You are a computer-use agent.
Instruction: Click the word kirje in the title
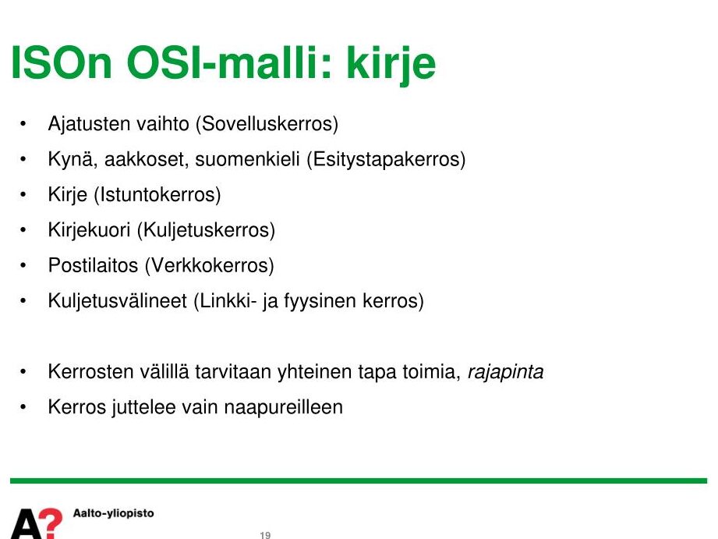tap(391, 63)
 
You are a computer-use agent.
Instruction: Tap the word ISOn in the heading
tap(62, 62)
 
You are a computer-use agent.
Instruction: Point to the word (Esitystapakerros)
tap(386, 159)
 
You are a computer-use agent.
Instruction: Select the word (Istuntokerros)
tap(157, 194)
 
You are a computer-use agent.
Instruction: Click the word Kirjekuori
tap(90, 230)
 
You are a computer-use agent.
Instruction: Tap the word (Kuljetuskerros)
tap(206, 230)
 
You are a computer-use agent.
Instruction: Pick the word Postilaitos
tap(93, 265)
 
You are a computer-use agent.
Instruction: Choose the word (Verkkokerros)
tap(209, 265)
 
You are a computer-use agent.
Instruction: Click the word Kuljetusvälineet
tap(118, 300)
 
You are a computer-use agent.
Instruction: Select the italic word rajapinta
tap(505, 372)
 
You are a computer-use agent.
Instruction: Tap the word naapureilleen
tap(284, 407)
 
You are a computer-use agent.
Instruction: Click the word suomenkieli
tap(247, 159)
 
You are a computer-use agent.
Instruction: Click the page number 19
tap(265, 535)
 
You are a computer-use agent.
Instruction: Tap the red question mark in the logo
tap(51, 522)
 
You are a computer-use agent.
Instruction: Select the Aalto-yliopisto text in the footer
tap(114, 513)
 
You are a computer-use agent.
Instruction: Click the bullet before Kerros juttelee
tap(23, 407)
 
